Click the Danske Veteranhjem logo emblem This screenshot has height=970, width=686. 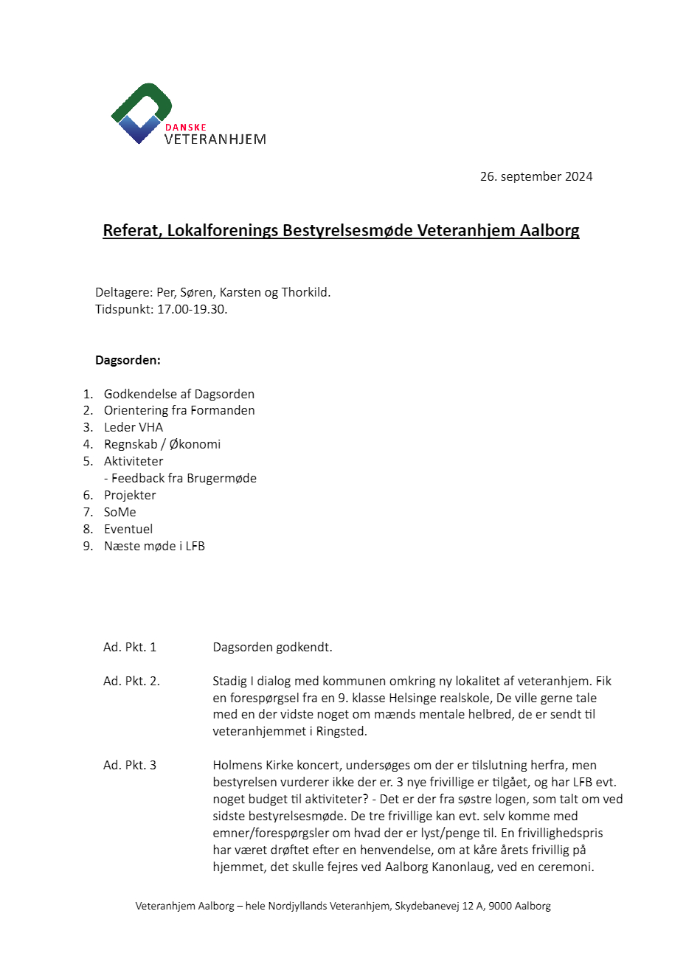coord(140,112)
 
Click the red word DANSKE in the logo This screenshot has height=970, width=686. coord(185,127)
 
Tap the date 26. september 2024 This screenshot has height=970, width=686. coord(536,176)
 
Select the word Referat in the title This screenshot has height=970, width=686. coord(131,230)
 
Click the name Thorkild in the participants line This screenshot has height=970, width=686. coord(305,292)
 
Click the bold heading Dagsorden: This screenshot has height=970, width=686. coord(128,361)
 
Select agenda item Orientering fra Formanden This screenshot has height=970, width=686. coord(179,410)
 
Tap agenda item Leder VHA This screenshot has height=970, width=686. coord(134,427)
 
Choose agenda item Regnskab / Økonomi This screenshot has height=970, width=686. coord(162,444)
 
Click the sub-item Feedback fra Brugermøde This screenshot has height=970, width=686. coord(184,478)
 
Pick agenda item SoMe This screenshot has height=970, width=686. coord(120,512)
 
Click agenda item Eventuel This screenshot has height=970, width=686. coord(128,529)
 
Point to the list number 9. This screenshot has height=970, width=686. coord(88,546)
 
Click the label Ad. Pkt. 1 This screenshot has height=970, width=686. coord(130,647)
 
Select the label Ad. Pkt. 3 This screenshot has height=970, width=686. coord(130,765)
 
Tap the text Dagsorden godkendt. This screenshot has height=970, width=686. coord(272,647)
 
